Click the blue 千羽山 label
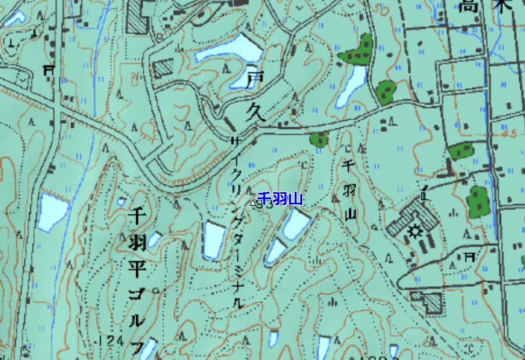click(x=280, y=200)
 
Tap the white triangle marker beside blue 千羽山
click(x=253, y=203)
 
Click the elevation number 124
click(x=112, y=340)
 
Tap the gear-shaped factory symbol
click(x=415, y=232)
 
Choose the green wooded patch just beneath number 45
click(x=461, y=151)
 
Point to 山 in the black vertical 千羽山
click(x=349, y=214)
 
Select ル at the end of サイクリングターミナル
click(x=237, y=303)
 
